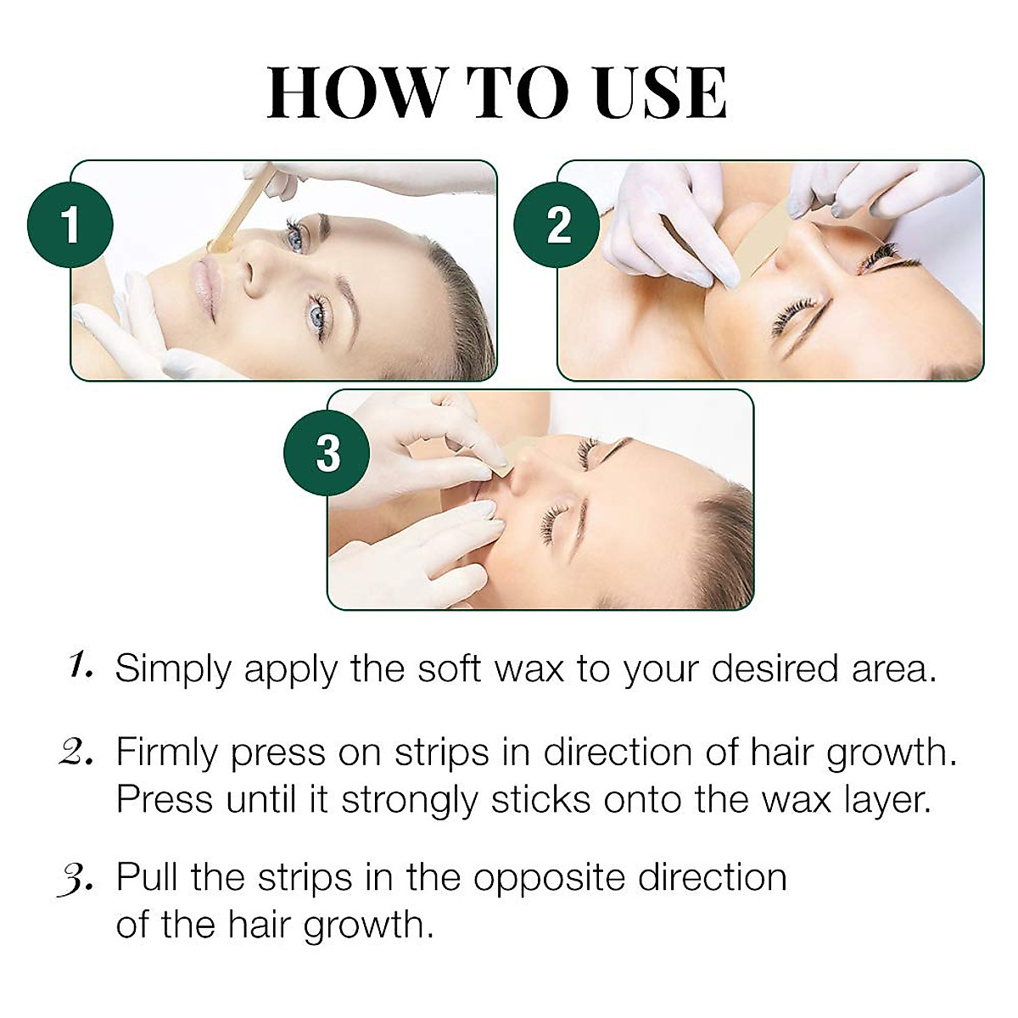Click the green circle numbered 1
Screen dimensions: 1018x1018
click(71, 226)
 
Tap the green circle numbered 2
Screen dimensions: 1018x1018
click(558, 226)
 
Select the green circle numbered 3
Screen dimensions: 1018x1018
click(327, 454)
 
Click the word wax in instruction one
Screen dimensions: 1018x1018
click(534, 670)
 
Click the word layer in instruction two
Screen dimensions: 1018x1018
click(887, 801)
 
